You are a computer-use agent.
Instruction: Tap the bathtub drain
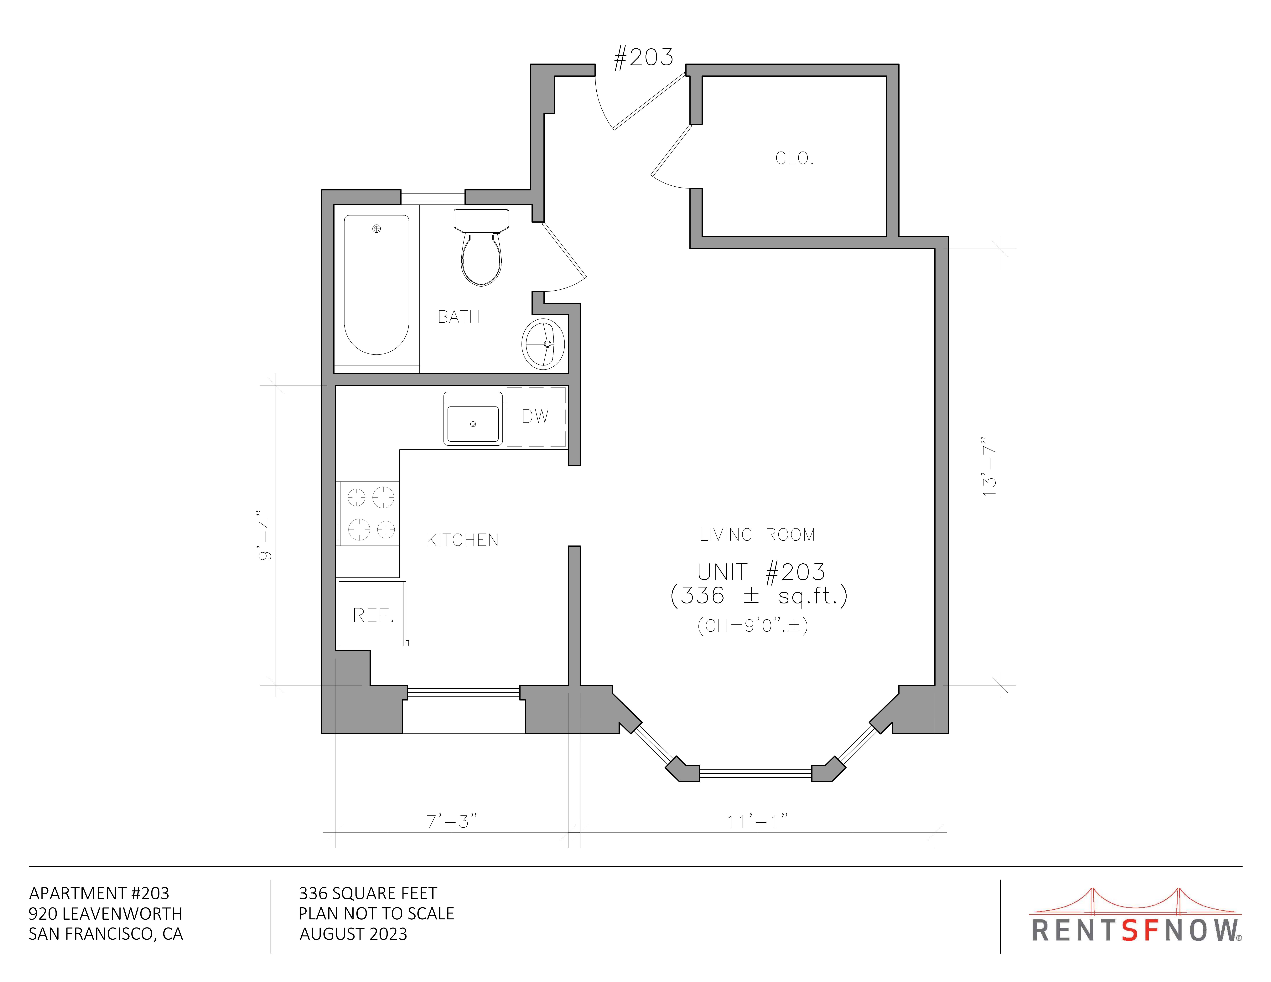tap(376, 229)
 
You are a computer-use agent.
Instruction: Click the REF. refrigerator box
tap(372, 613)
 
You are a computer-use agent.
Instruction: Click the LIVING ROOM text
tap(757, 535)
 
